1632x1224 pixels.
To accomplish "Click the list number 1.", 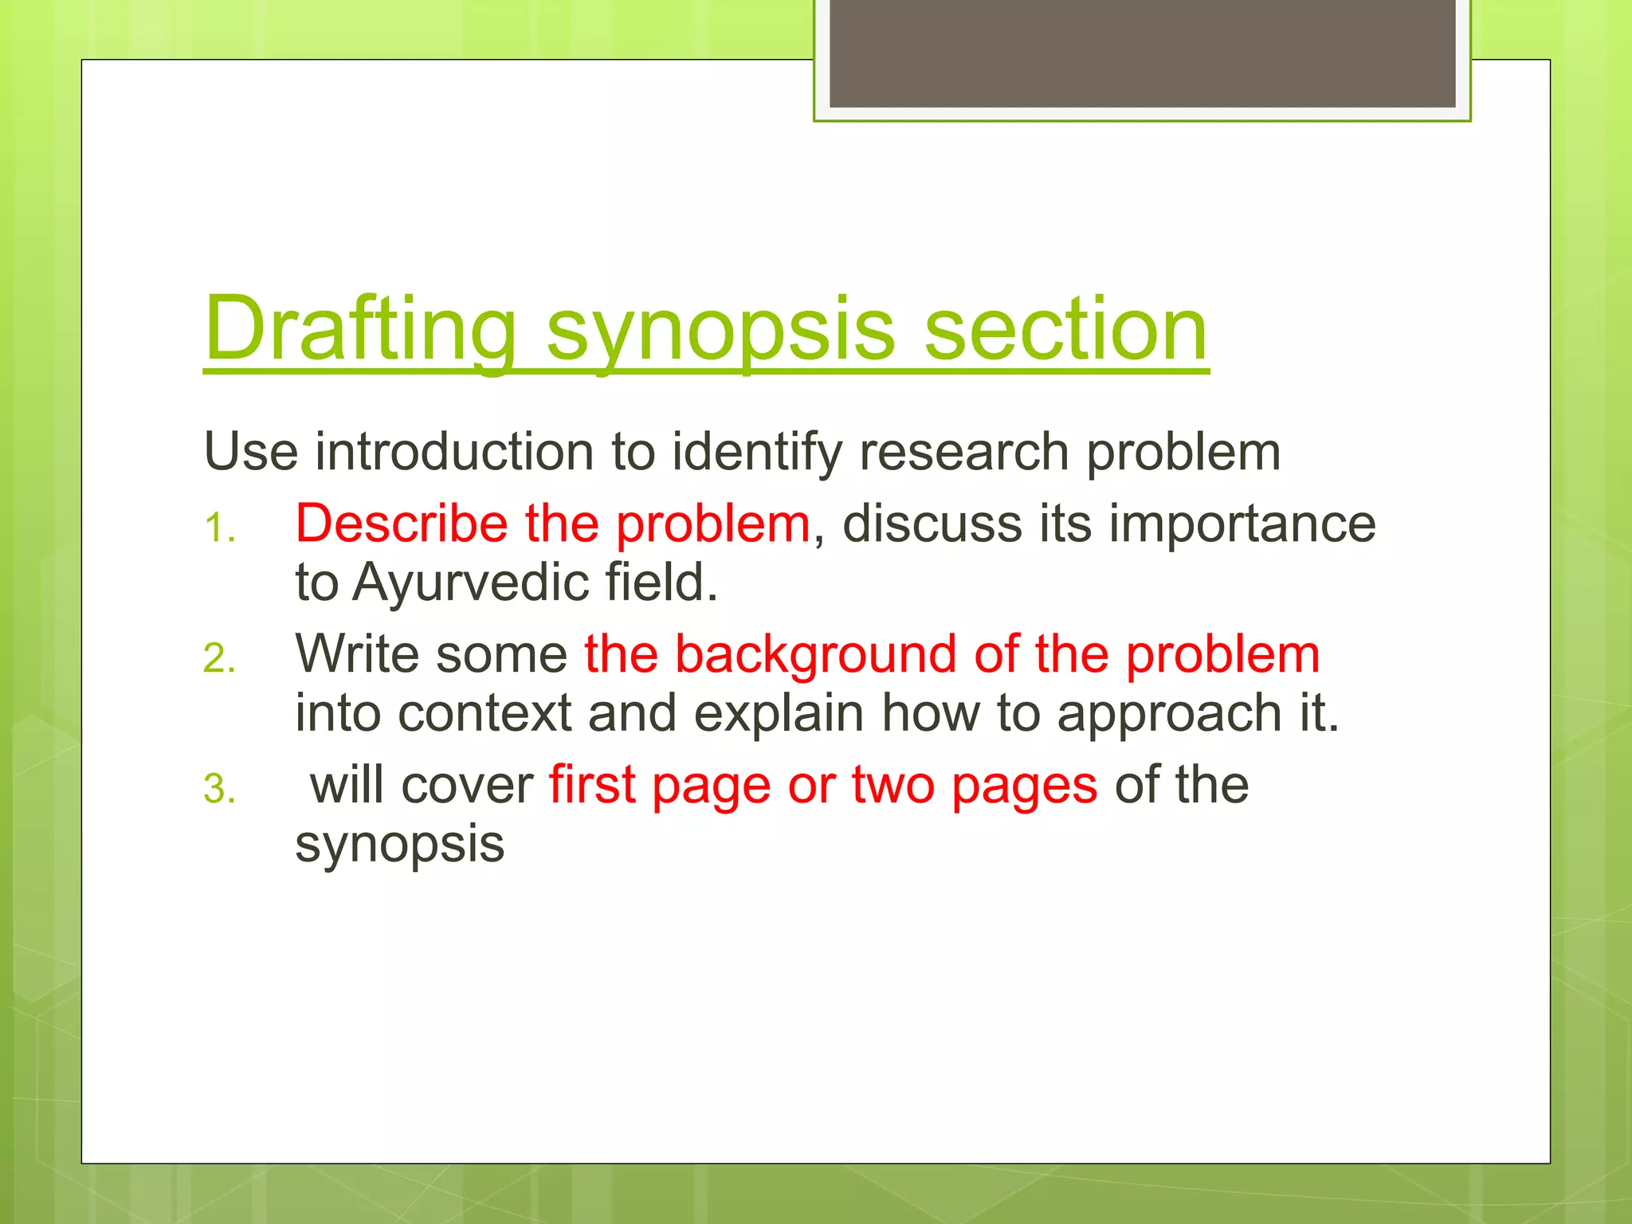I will pyautogui.click(x=218, y=528).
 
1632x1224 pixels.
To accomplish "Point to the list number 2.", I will pyautogui.click(x=218, y=659).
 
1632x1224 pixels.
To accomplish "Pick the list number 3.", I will pyautogui.click(x=218, y=790).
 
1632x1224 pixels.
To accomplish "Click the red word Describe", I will pyautogui.click(x=402, y=524).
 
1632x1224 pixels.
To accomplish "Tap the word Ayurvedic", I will pyautogui.click(x=471, y=582).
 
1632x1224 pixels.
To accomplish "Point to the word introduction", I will pyautogui.click(x=454, y=452).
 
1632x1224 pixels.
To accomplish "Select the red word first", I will pyautogui.click(x=592, y=785).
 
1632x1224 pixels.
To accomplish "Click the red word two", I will pyautogui.click(x=892, y=785).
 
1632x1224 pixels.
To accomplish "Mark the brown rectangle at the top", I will pyautogui.click(x=1142, y=53).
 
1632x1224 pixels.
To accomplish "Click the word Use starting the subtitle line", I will pyautogui.click(x=251, y=452).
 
